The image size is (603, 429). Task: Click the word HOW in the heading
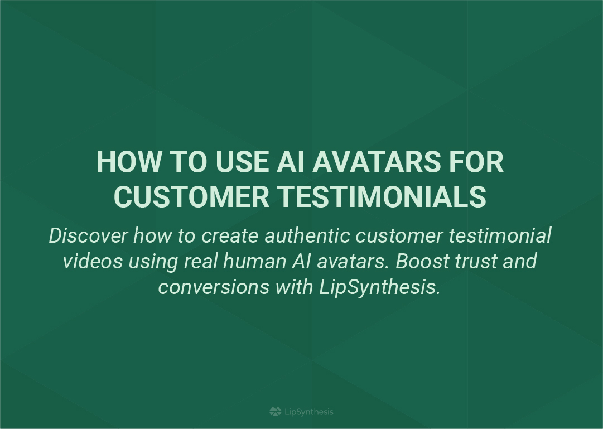129,162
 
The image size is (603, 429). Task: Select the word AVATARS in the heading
376,162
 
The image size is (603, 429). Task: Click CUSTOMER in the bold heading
191,196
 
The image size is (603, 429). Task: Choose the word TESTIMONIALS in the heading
382,196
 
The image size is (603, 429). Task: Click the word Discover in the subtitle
88,235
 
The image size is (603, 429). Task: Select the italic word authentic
307,235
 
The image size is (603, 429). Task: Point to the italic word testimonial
500,235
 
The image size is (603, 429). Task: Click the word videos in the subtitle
93,261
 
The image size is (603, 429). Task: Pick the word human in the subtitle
254,261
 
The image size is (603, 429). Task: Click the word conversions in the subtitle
214,287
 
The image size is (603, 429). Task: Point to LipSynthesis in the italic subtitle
379,287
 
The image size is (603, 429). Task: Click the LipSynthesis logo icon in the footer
276,412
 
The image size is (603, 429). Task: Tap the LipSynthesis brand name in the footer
309,412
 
